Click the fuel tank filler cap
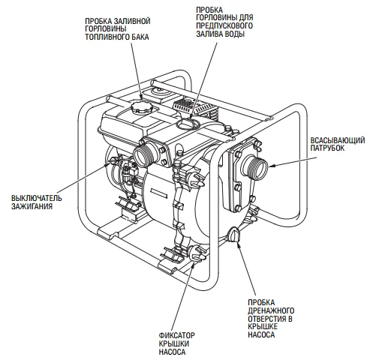point(142,108)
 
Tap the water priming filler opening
point(188,124)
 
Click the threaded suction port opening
point(254,166)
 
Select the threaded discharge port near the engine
point(146,155)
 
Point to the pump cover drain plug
point(234,235)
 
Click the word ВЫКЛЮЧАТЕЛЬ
point(36,199)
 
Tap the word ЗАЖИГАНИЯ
point(32,206)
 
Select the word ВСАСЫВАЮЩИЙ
point(338,140)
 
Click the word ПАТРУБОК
point(327,148)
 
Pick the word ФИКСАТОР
point(177,335)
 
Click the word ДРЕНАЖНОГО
point(271,310)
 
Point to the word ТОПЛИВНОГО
point(107,37)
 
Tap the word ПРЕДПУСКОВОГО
point(224,25)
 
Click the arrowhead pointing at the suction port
point(272,165)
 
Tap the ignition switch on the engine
point(111,160)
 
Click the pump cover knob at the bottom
point(197,254)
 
